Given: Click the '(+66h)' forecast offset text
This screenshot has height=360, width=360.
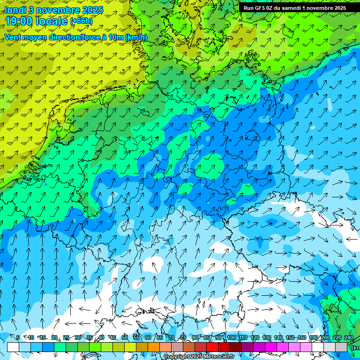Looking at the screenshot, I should click(x=82, y=21).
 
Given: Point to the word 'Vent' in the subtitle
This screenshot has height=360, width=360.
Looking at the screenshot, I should click(x=14, y=37).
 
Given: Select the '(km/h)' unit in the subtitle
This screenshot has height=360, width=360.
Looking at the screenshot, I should click(x=136, y=37).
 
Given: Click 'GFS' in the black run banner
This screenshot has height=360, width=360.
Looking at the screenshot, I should click(x=261, y=8).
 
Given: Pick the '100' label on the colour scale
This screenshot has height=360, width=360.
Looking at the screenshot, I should click(x=231, y=337).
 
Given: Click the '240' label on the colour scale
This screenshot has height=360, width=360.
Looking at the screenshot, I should click(x=349, y=337).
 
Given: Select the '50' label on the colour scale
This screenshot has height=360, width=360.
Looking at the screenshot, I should click(x=125, y=337).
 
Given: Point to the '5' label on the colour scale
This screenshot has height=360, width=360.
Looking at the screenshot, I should click(x=18, y=337).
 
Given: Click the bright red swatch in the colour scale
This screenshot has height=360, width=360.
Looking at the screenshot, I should click(x=212, y=347).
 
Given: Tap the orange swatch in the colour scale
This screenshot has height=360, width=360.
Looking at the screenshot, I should click(x=154, y=347).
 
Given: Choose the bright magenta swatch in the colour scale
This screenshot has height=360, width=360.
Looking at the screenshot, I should click(x=271, y=347).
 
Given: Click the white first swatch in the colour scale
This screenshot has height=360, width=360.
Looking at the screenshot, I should click(x=13, y=347).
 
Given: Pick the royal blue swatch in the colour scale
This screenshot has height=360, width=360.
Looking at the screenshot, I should click(x=48, y=347).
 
